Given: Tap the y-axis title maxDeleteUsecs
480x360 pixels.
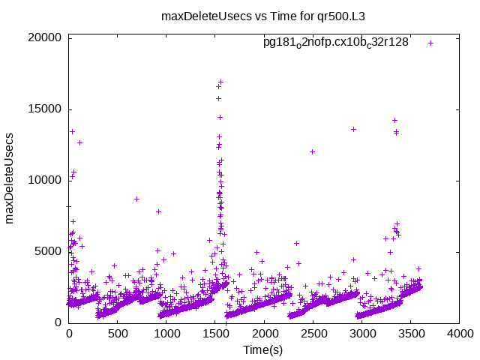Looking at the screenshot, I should [x=10, y=179].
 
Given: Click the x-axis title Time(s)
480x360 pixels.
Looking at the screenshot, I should [x=262, y=350].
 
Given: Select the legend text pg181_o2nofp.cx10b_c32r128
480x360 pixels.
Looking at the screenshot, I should [x=335, y=43].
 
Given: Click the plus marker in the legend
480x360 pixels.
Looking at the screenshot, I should [x=430, y=43].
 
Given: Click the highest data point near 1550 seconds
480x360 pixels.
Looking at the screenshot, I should [x=221, y=82].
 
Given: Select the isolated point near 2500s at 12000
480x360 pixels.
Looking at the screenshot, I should [x=312, y=151].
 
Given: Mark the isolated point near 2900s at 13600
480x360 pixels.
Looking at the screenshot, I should [x=353, y=129].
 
